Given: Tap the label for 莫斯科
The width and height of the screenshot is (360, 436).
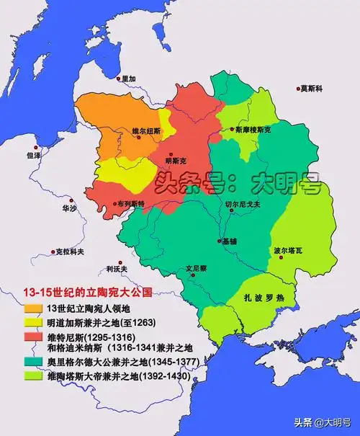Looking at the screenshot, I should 312,88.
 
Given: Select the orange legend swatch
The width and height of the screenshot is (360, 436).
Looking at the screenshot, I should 33,308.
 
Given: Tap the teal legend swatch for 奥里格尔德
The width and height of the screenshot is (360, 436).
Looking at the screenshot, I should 33,360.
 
